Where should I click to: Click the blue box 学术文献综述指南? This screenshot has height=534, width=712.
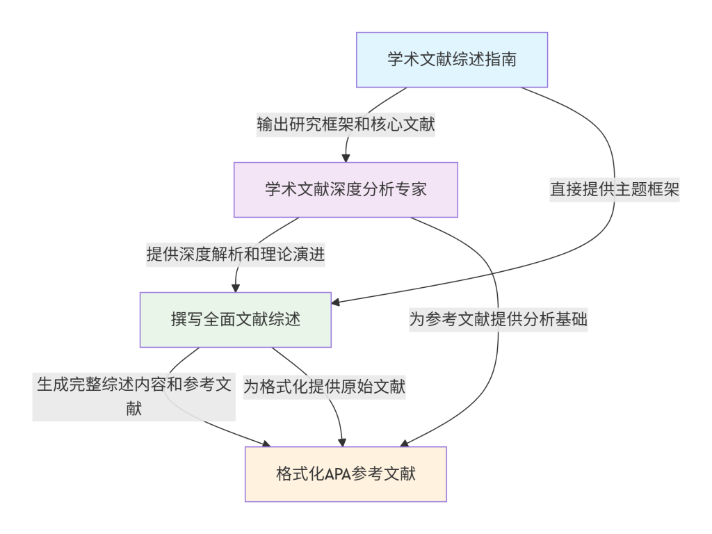[x=452, y=59]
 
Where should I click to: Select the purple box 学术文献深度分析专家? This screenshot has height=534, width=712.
[x=346, y=190]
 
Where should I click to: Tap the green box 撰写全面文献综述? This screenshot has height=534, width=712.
[x=236, y=320]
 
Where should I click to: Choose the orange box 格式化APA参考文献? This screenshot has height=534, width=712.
[x=346, y=474]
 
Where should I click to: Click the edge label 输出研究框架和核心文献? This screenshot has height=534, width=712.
[x=346, y=124]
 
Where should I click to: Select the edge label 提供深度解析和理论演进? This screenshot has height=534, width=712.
[x=236, y=254]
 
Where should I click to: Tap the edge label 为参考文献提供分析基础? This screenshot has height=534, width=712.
[x=498, y=320]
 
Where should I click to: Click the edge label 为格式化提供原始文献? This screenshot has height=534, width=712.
[x=324, y=387]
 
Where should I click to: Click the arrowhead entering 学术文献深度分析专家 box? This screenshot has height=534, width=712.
[x=346, y=158]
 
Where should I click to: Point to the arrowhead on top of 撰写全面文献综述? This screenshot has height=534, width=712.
[x=236, y=288]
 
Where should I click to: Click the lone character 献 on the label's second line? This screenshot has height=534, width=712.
[x=134, y=409]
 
